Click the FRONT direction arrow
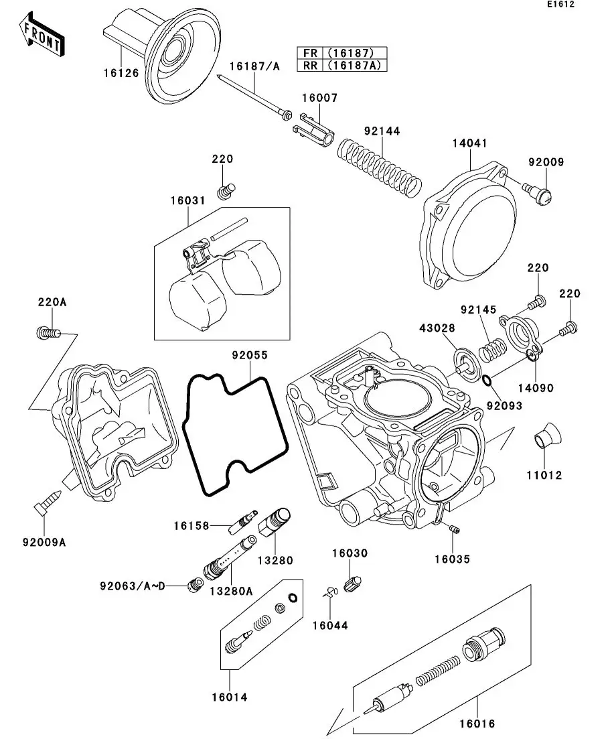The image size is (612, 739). pyautogui.click(x=42, y=38)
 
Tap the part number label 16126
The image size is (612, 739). pyautogui.click(x=121, y=73)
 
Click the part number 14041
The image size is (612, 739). pyautogui.click(x=469, y=143)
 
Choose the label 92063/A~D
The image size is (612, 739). pyautogui.click(x=133, y=586)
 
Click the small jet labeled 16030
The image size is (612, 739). pyautogui.click(x=352, y=582)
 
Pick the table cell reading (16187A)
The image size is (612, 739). pyautogui.click(x=354, y=65)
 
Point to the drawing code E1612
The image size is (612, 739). pyautogui.click(x=560, y=5)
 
